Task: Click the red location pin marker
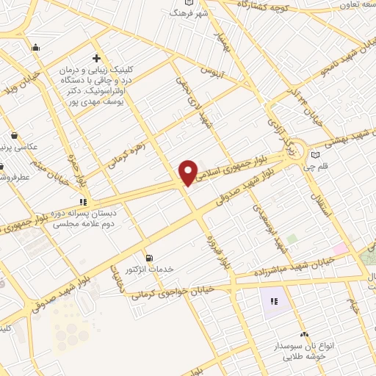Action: point(189,172)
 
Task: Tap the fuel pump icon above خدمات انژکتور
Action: point(151,258)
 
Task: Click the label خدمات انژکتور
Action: point(151,270)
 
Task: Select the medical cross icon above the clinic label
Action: point(96,58)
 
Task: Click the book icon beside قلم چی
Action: point(315,154)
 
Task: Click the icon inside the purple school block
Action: point(275,300)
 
